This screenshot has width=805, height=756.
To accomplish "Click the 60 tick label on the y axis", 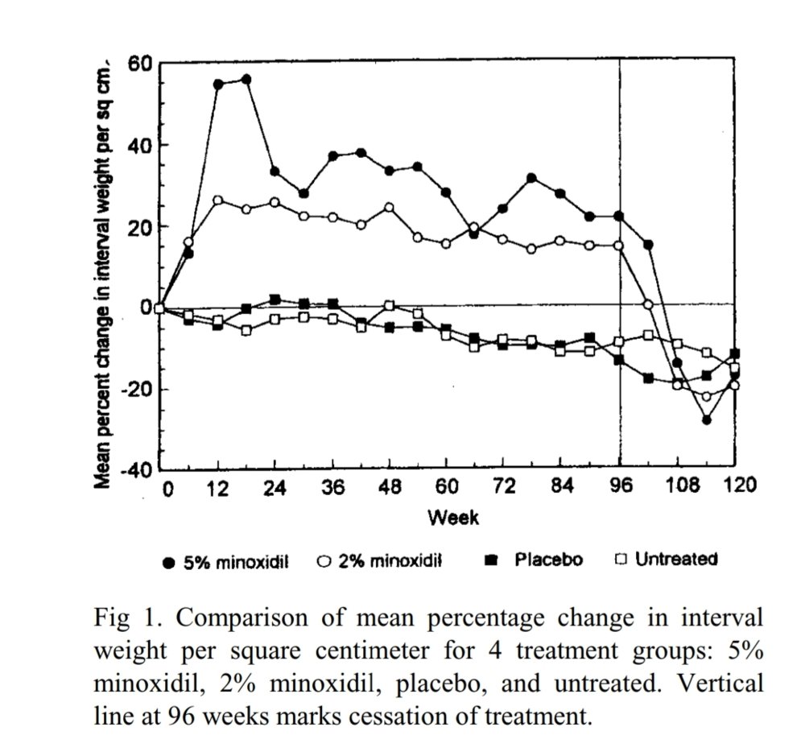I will click(139, 63).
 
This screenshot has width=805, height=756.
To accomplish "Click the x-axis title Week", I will click(452, 518).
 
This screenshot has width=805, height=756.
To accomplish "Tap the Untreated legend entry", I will click(666, 559).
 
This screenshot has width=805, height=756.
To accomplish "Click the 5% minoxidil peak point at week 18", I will click(246, 80).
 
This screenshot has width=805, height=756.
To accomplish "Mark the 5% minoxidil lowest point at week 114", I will click(706, 419).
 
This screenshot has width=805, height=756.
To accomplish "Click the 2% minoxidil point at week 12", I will click(217, 200).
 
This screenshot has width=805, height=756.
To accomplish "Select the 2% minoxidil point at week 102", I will click(648, 304).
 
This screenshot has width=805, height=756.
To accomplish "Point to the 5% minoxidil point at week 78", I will click(531, 178).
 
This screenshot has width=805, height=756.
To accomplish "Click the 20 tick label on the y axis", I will click(139, 226).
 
